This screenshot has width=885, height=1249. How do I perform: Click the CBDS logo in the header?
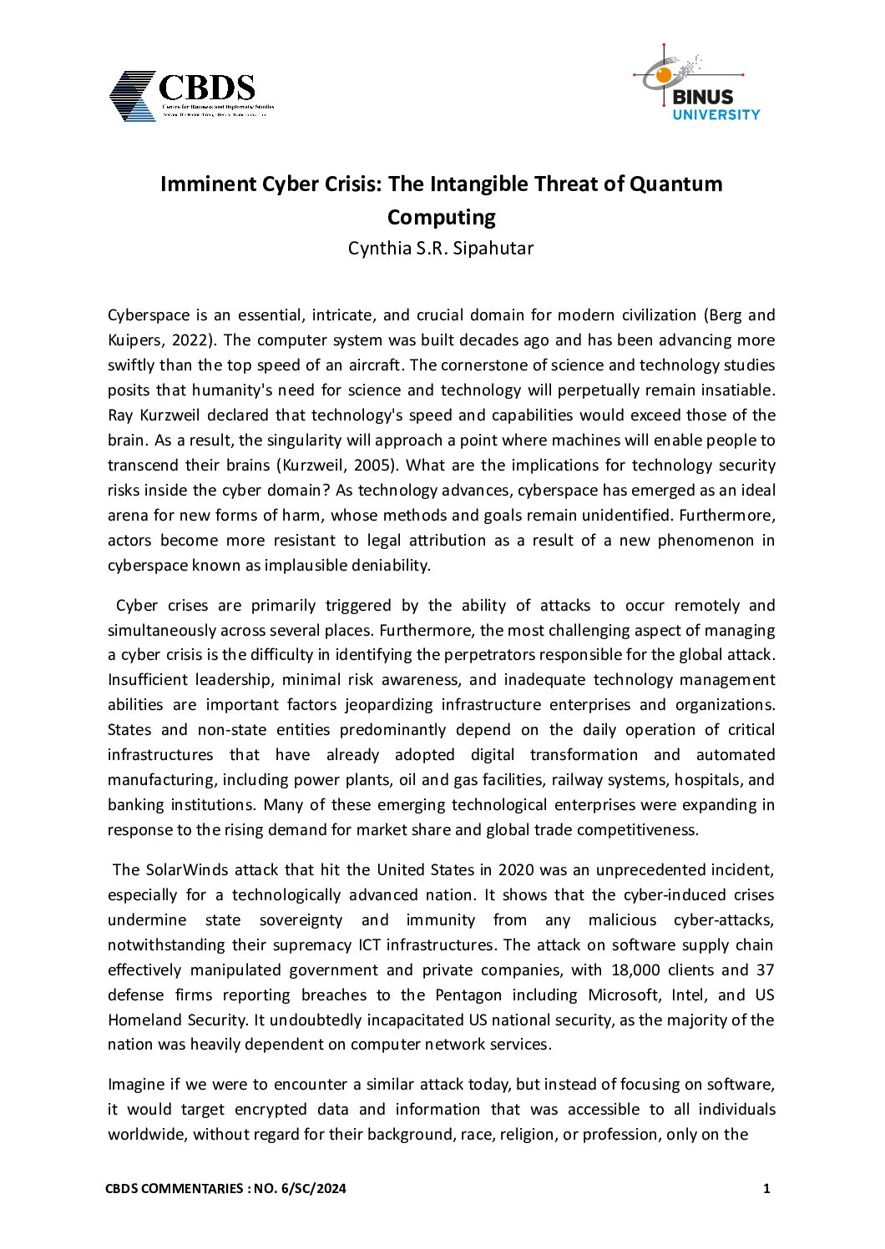pyautogui.click(x=190, y=95)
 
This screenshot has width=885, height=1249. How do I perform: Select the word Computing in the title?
pyautogui.click(x=441, y=217)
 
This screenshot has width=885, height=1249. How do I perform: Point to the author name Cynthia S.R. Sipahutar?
pyautogui.click(x=441, y=249)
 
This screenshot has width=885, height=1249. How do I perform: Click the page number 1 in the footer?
pyautogui.click(x=766, y=1189)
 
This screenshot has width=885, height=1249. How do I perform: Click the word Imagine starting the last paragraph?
pyautogui.click(x=137, y=1085)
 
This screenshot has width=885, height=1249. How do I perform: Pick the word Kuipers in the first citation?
pyautogui.click(x=134, y=340)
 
